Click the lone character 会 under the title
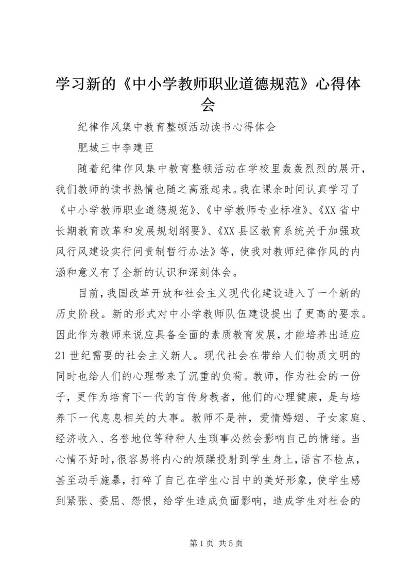pyautogui.click(x=206, y=105)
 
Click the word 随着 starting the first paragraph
pyautogui.click(x=88, y=171)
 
